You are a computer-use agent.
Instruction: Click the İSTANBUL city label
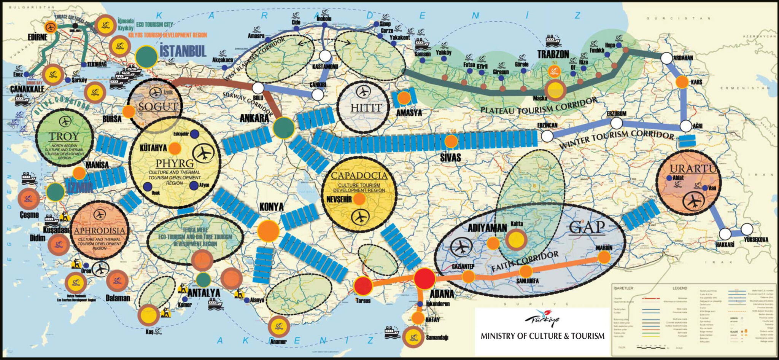point(183,51)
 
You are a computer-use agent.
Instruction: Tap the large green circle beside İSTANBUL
point(146,57)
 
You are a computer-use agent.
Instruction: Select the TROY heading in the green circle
point(64,136)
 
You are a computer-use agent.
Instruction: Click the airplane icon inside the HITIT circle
point(364,92)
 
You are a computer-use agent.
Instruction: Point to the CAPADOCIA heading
point(359,176)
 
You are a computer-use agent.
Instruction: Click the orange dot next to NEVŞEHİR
point(359,199)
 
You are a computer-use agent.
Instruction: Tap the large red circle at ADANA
point(424,279)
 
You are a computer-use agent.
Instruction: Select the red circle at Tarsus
point(363,286)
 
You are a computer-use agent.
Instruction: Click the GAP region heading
point(587,228)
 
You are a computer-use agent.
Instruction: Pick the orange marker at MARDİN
point(604,257)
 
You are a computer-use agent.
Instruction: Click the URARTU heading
point(693,169)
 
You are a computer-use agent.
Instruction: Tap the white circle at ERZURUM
point(616,123)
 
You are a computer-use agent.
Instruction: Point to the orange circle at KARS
point(682,82)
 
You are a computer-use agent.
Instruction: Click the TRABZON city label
point(553,54)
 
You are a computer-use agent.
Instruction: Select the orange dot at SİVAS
point(451,142)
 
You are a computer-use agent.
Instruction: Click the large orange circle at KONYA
point(269,231)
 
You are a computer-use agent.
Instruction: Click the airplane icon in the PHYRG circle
point(204,153)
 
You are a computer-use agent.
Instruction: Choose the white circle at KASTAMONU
point(325,56)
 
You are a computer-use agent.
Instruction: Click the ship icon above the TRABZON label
point(553,40)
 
